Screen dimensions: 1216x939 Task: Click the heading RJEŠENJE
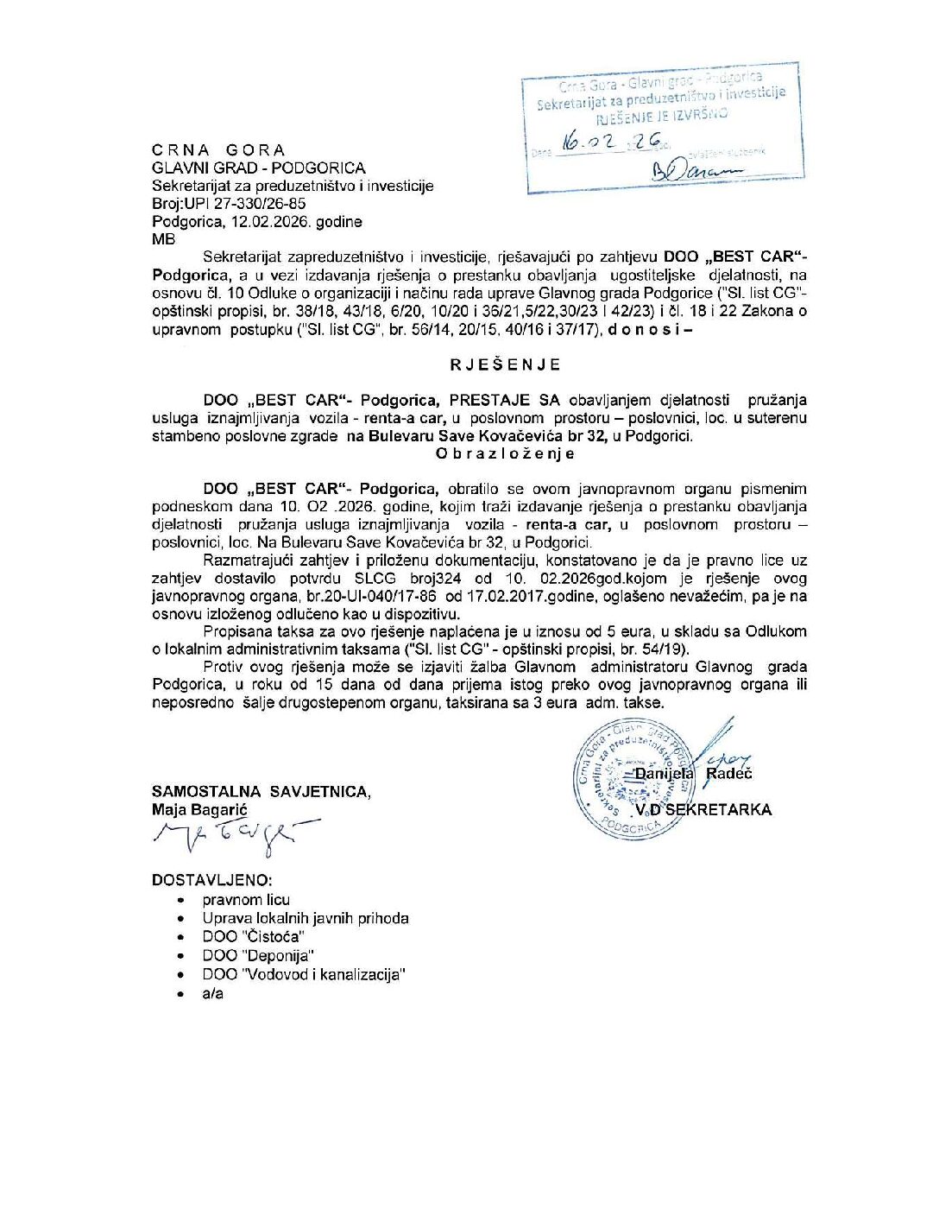pyautogui.click(x=505, y=364)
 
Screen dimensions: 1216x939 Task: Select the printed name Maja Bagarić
pyautogui.click(x=199, y=810)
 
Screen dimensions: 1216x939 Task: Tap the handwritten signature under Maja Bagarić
pyautogui.click(x=229, y=836)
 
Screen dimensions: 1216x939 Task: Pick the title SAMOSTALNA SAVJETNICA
pyautogui.click(x=261, y=791)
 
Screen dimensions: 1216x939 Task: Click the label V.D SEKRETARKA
pyautogui.click(x=702, y=810)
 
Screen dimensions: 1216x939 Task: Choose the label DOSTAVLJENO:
pyautogui.click(x=211, y=880)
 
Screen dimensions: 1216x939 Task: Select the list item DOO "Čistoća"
pyautogui.click(x=254, y=937)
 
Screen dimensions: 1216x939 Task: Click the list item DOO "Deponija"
pyautogui.click(x=258, y=955)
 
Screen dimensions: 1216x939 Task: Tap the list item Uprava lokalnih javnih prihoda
pyautogui.click(x=306, y=918)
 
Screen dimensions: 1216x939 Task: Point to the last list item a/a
pyautogui.click(x=212, y=993)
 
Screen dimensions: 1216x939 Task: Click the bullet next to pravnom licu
pyautogui.click(x=180, y=900)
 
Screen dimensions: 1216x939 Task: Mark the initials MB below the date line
pyautogui.click(x=163, y=240)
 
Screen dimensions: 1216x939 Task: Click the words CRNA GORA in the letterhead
pyautogui.click(x=218, y=149)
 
